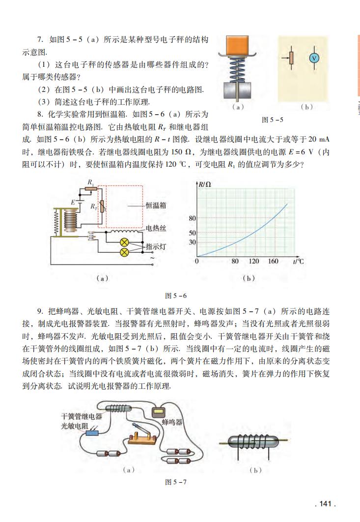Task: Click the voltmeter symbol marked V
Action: point(313,58)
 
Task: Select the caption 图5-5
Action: point(273,119)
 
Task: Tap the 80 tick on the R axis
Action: point(192,218)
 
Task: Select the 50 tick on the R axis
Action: point(192,233)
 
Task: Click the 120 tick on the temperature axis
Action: point(253,261)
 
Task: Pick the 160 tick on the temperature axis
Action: point(273,261)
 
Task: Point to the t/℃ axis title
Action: point(298,261)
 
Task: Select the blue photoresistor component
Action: point(92,433)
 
